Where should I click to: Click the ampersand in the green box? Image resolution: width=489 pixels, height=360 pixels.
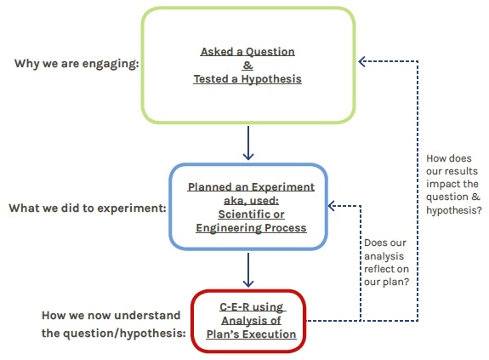[x=249, y=65]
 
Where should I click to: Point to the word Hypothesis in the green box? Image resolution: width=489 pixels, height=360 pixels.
[x=270, y=78]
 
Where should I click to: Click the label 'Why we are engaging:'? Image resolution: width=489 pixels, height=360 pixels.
[x=77, y=65]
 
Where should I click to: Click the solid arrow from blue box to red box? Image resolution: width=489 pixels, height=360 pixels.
[x=248, y=271]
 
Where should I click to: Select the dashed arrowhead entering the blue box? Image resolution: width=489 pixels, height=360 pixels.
[x=333, y=206]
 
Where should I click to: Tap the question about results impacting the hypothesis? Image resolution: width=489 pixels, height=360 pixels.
[x=453, y=184]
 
